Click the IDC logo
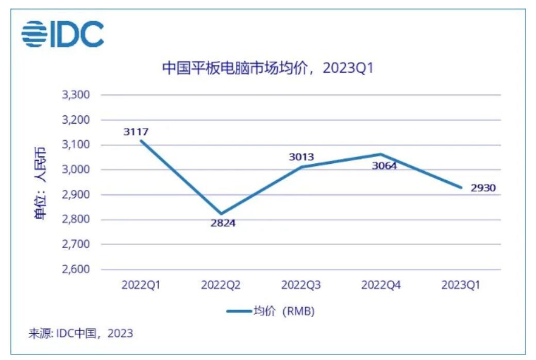tap(62, 33)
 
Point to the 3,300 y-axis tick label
tap(76, 95)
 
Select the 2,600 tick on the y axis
tap(76, 269)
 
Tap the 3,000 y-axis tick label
tap(76, 170)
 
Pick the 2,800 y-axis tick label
tap(76, 220)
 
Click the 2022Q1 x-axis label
tap(141, 285)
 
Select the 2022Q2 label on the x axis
tap(221, 285)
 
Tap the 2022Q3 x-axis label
tap(301, 285)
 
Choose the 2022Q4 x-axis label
tap(381, 285)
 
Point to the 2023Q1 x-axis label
tap(461, 285)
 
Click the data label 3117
tap(136, 132)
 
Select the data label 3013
tap(301, 157)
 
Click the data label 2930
tap(483, 188)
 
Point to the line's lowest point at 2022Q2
tap(221, 214)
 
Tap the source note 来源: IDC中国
tap(80, 333)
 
